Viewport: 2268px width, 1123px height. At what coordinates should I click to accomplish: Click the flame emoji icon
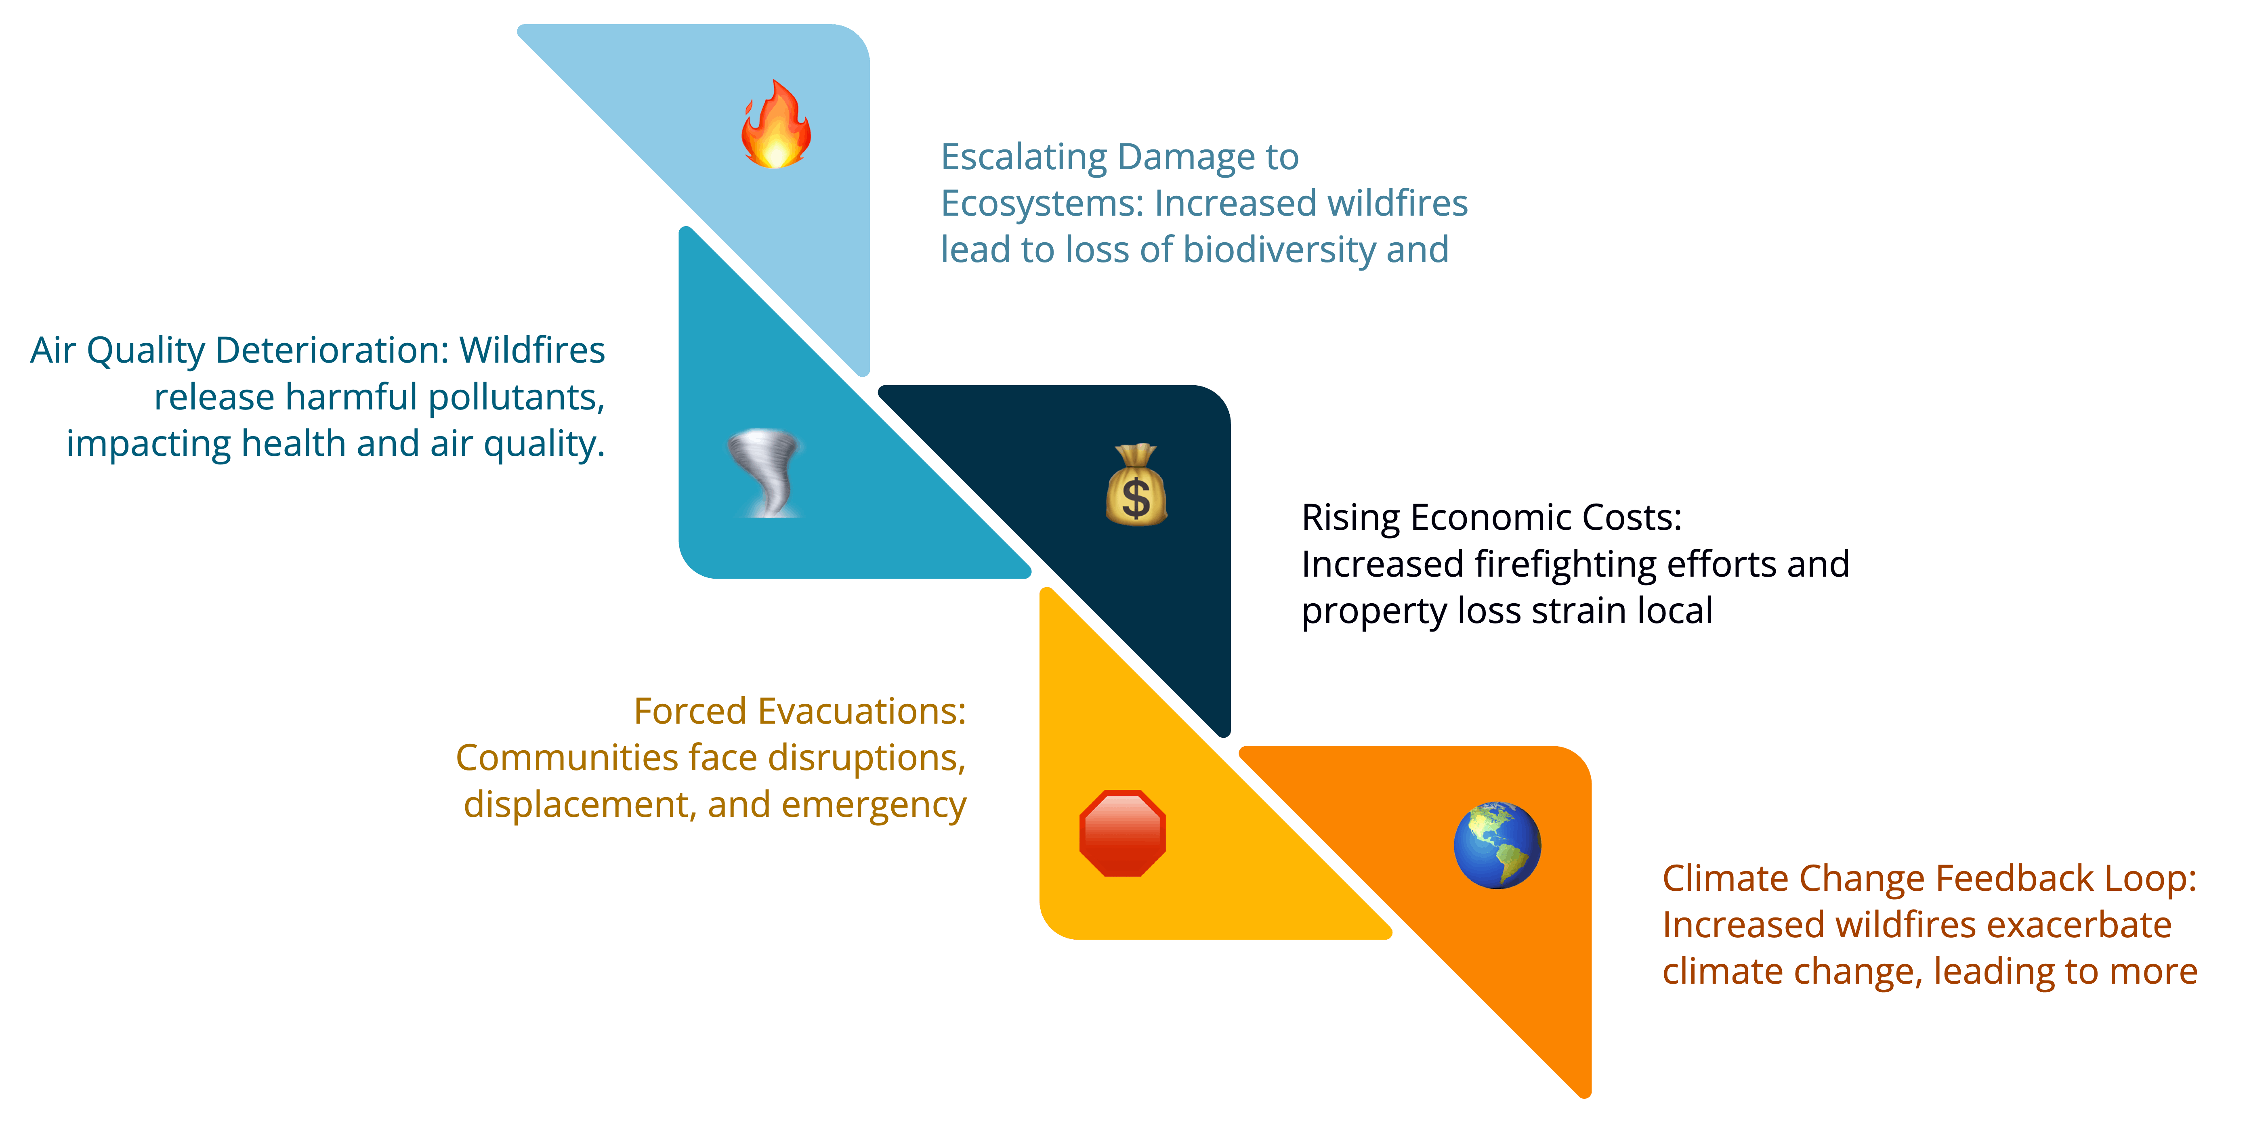point(776,124)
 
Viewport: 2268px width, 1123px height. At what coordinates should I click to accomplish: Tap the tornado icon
point(764,472)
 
